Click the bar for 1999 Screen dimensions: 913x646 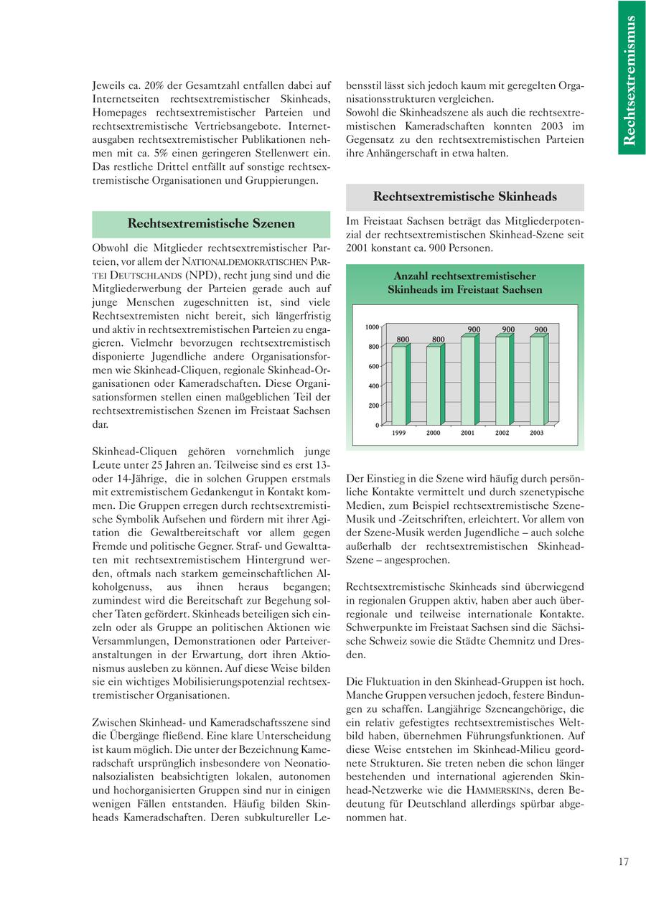[399, 385]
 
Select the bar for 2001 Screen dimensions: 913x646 [469, 380]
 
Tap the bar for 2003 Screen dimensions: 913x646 [538, 380]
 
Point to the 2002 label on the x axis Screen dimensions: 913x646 [502, 433]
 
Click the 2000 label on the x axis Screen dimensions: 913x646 [434, 433]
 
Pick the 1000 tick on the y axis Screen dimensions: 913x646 [372, 327]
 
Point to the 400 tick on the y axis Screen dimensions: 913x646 [373, 386]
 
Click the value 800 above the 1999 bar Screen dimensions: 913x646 [403, 339]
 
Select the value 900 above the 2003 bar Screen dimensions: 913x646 [540, 329]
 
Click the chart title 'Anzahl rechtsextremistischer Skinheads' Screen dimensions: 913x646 [464, 283]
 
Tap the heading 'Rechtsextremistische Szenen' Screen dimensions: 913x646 [211, 223]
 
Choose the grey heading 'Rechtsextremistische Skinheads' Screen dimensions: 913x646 [464, 197]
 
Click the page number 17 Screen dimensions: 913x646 [623, 862]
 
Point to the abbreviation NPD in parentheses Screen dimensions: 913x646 [203, 275]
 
